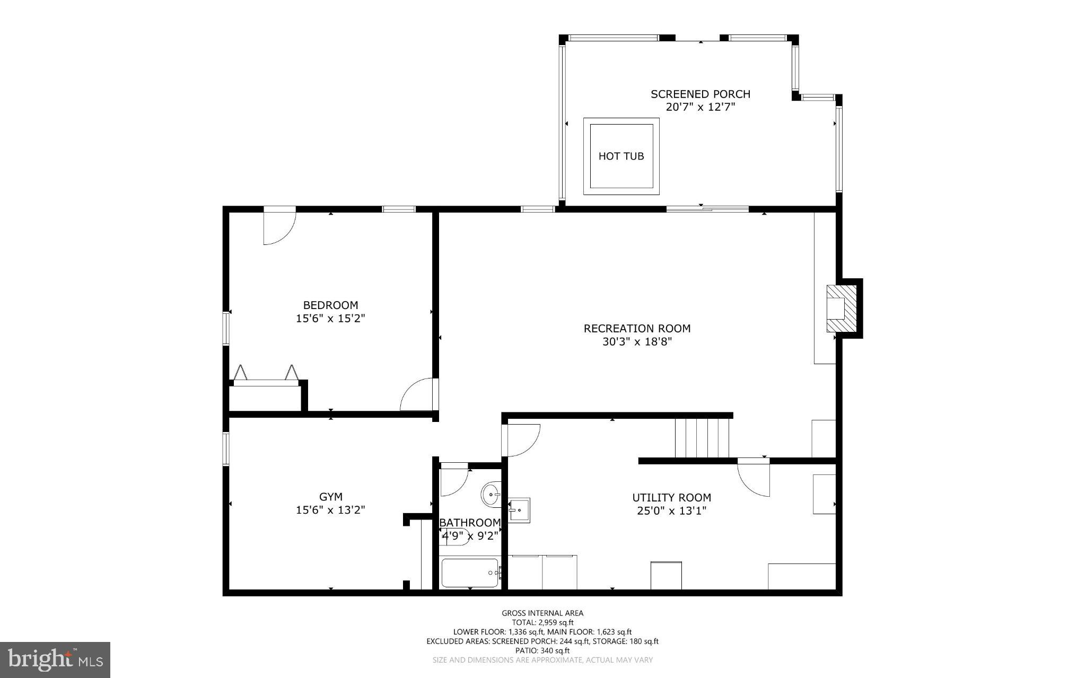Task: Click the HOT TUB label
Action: coord(621,156)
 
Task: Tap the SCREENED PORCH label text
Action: coord(700,94)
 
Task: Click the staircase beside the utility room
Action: coord(702,438)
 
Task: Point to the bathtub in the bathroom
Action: coord(470,573)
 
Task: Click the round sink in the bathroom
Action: coord(491,495)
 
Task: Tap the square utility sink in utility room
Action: coord(519,510)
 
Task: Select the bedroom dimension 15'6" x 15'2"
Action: coord(330,319)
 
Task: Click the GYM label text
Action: coord(330,497)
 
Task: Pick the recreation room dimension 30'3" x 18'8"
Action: coord(637,342)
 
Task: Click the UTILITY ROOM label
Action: coord(671,497)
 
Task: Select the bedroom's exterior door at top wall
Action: coord(279,227)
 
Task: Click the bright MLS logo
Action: coord(55,659)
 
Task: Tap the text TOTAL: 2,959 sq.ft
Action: coord(542,622)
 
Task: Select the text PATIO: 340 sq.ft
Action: coord(542,650)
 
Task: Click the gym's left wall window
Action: coord(225,449)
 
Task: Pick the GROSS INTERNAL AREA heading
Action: coord(542,613)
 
